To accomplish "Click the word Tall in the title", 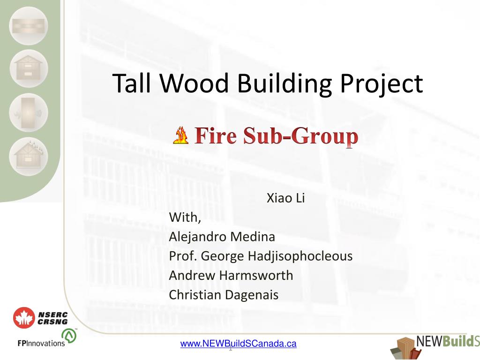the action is pyautogui.click(x=132, y=83).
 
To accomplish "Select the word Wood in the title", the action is pyautogui.click(x=194, y=83).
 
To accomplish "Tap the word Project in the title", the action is pyautogui.click(x=382, y=84).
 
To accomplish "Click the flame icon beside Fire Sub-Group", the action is pyautogui.click(x=180, y=135).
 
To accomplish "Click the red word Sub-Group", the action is pyautogui.click(x=301, y=136).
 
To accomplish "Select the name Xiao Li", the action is pyautogui.click(x=285, y=198).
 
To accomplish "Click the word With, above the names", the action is pyautogui.click(x=185, y=217).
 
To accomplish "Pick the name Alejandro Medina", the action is pyautogui.click(x=222, y=237).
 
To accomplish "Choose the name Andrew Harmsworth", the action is pyautogui.click(x=231, y=275).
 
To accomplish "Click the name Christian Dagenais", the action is pyautogui.click(x=224, y=295).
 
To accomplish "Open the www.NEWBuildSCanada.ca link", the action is pyautogui.click(x=239, y=344).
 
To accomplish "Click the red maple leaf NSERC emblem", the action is pyautogui.click(x=24, y=318).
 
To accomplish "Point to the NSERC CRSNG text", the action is pyautogui.click(x=52, y=318).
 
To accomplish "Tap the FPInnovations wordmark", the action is pyautogui.click(x=41, y=343).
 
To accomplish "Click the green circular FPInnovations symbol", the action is pyautogui.click(x=69, y=336).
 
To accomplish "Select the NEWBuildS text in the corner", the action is pyautogui.click(x=448, y=341).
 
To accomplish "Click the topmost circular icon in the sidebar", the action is pyautogui.click(x=29, y=26).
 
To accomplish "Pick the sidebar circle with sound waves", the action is pyautogui.click(x=29, y=113).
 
